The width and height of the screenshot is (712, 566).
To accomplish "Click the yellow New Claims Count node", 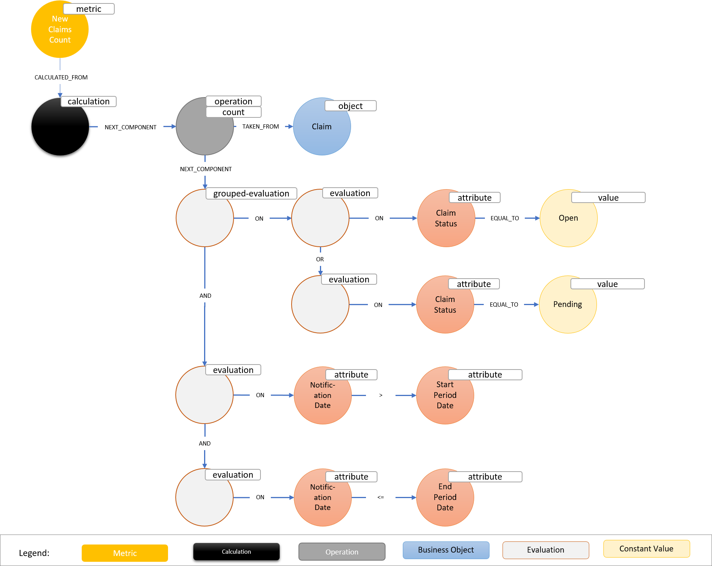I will pyautogui.click(x=59, y=30).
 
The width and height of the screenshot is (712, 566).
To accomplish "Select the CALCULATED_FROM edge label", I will pyautogui.click(x=61, y=77).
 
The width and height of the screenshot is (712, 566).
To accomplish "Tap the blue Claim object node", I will pyautogui.click(x=321, y=127).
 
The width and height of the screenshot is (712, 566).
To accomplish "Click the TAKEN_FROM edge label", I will pyautogui.click(x=260, y=126).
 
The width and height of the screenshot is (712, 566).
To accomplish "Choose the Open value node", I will pyautogui.click(x=568, y=218).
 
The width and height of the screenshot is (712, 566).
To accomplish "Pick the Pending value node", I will pyautogui.click(x=567, y=304).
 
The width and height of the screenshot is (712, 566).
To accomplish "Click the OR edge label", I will pyautogui.click(x=320, y=259).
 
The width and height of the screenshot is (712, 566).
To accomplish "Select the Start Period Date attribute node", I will pyautogui.click(x=445, y=395).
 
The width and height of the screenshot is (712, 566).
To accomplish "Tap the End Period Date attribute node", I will pyautogui.click(x=445, y=497).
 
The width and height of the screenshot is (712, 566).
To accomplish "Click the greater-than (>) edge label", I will pyautogui.click(x=381, y=395).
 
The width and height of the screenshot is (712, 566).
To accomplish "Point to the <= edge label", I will pyautogui.click(x=381, y=497).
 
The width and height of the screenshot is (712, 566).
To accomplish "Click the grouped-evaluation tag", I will pyautogui.click(x=251, y=193).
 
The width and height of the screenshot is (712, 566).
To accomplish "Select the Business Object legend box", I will pyautogui.click(x=446, y=550).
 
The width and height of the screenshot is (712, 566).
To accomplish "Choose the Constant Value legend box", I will pyautogui.click(x=646, y=549).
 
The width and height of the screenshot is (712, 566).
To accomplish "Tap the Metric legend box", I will pyautogui.click(x=125, y=553).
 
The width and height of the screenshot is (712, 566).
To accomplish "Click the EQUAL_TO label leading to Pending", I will pyautogui.click(x=504, y=304).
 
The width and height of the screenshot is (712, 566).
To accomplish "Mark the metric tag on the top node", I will pyautogui.click(x=89, y=9).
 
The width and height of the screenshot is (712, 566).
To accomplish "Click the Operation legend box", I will pyautogui.click(x=342, y=552).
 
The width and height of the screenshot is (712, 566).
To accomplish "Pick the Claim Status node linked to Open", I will pyautogui.click(x=446, y=218).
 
